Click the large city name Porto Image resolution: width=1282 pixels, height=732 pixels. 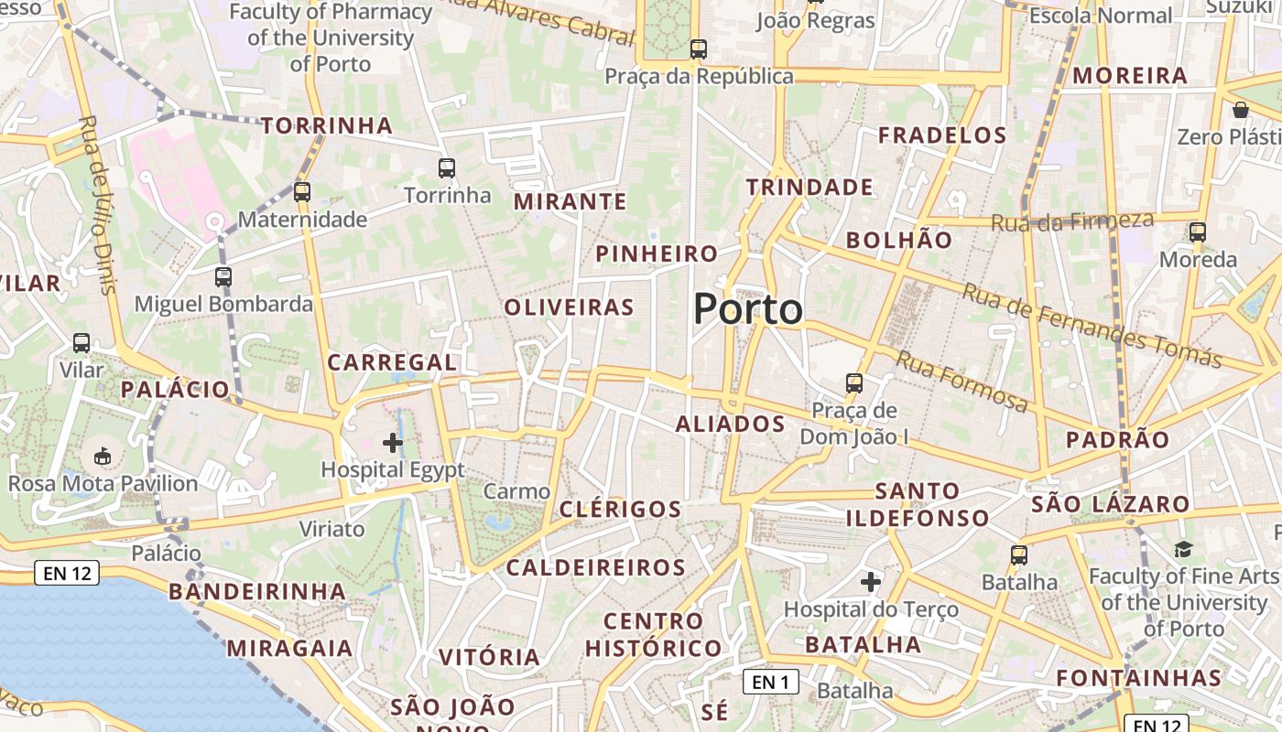point(747,309)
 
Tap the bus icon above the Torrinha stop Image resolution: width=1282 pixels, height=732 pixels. point(447,168)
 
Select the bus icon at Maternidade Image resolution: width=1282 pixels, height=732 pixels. point(302,192)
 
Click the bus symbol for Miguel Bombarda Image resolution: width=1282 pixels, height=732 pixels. point(223,276)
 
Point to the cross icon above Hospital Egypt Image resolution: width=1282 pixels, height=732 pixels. point(393,444)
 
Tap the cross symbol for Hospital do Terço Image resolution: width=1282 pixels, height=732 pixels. point(871,581)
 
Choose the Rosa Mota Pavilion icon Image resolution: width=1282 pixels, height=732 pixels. point(103,455)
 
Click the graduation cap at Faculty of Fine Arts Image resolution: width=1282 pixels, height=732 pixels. point(1184,550)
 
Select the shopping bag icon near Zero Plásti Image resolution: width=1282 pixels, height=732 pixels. point(1241,110)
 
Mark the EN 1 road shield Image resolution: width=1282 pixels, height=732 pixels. point(770,682)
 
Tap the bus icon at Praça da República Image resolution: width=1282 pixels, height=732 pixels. point(699,49)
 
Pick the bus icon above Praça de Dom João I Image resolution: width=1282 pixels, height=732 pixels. point(854,383)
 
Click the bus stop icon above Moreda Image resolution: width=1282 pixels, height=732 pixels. point(1198,232)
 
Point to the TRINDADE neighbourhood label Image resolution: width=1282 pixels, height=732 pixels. point(809,188)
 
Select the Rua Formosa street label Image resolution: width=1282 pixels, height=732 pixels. point(961,381)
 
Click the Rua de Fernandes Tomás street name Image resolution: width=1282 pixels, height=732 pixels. point(1092,325)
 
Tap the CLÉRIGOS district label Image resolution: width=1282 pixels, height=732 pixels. point(620,510)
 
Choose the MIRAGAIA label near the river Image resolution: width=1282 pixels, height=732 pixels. point(289,649)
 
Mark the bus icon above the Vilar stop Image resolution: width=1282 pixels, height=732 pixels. point(81,343)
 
